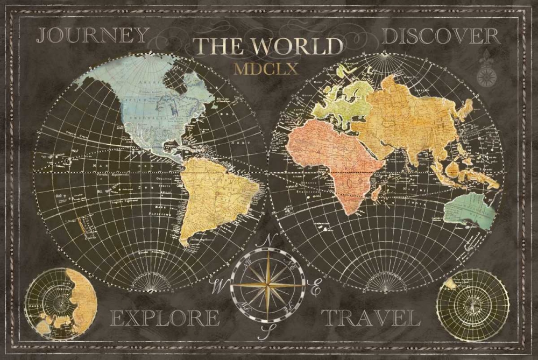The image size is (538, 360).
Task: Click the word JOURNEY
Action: coord(92,36)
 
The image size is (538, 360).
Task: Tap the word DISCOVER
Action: coord(441,36)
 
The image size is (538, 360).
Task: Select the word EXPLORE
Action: coord(165,318)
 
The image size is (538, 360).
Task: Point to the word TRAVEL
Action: coord(371,318)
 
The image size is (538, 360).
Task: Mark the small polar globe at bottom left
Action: coord(61,304)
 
